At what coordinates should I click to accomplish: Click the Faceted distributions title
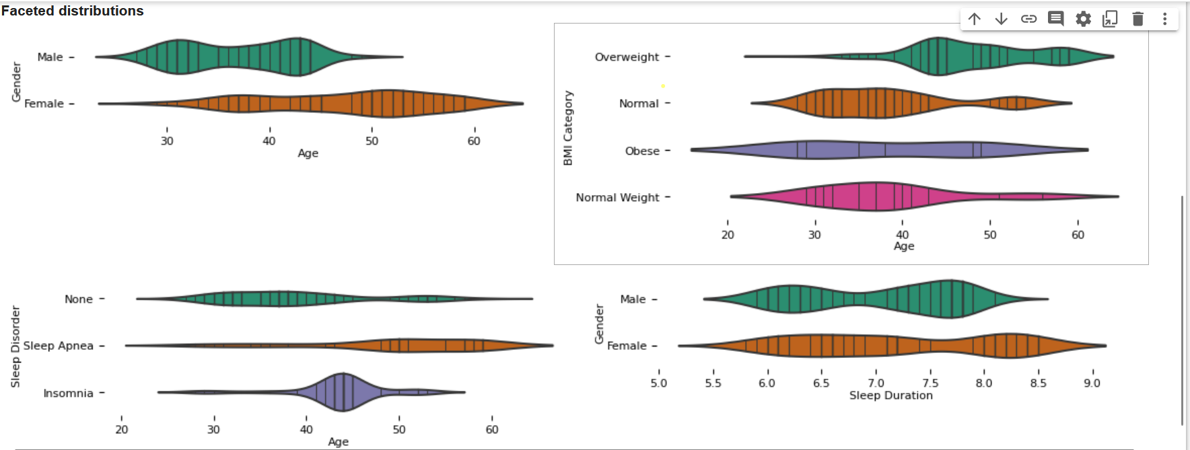click(x=73, y=11)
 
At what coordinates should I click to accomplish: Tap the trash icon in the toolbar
click(x=1137, y=19)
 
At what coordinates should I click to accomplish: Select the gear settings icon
click(x=1083, y=19)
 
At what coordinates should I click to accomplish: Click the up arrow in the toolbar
click(x=975, y=19)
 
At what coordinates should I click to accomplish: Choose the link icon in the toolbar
click(x=1028, y=19)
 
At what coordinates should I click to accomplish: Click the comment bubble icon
click(x=1055, y=19)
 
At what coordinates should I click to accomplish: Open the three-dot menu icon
click(x=1164, y=19)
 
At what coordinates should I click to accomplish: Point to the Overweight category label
click(x=627, y=57)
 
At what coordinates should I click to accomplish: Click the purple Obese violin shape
click(x=888, y=149)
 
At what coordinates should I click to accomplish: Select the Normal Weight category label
click(x=617, y=198)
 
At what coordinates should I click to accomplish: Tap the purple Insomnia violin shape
click(x=343, y=392)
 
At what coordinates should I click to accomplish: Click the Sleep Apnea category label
click(x=59, y=346)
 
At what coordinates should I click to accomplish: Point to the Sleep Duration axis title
click(x=890, y=396)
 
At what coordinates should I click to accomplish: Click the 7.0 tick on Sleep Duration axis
click(x=876, y=383)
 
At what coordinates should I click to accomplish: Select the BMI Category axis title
click(x=568, y=128)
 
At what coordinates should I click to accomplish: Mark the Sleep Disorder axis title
click(x=15, y=346)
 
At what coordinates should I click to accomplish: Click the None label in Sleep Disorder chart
click(x=79, y=299)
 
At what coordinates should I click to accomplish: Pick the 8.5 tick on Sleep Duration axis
click(x=1038, y=383)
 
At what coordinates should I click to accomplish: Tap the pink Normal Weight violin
click(x=875, y=196)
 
